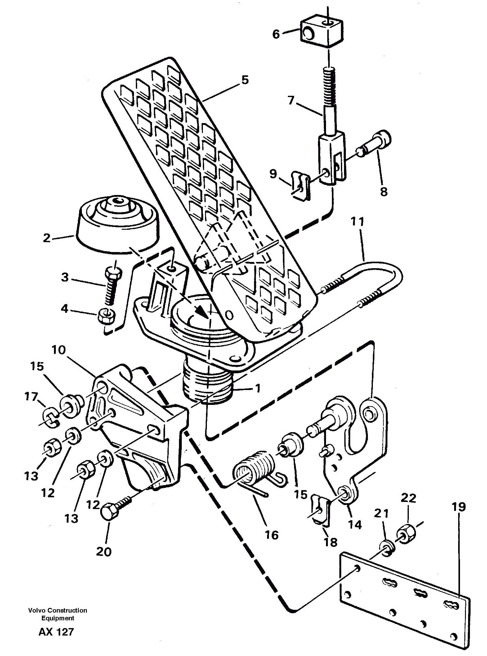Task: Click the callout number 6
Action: click(x=276, y=34)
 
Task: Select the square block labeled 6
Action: click(x=322, y=32)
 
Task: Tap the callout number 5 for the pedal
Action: click(x=245, y=80)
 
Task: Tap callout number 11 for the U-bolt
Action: click(x=358, y=222)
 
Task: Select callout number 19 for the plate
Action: click(x=459, y=508)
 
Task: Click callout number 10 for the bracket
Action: click(x=59, y=351)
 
